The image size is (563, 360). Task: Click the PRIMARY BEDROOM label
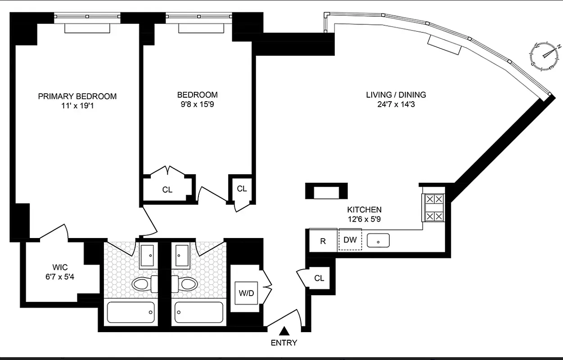click(x=77, y=96)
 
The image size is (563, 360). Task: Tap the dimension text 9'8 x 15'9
click(x=197, y=105)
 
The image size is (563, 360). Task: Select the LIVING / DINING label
click(x=396, y=95)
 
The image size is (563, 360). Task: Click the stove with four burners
click(x=432, y=207)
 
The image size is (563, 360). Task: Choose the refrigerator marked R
click(x=323, y=241)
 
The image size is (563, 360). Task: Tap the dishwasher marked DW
click(x=350, y=240)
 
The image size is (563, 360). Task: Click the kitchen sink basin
click(x=378, y=241)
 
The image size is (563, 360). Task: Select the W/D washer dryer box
click(x=246, y=293)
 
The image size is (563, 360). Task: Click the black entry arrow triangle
click(x=284, y=332)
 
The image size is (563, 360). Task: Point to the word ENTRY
click(x=284, y=343)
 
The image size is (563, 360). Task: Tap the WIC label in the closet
click(x=60, y=267)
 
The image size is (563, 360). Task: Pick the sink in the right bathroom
click(x=183, y=255)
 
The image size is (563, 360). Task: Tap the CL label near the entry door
click(x=319, y=278)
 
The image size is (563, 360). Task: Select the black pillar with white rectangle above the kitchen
click(x=326, y=191)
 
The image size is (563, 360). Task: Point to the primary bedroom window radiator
click(x=87, y=28)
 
